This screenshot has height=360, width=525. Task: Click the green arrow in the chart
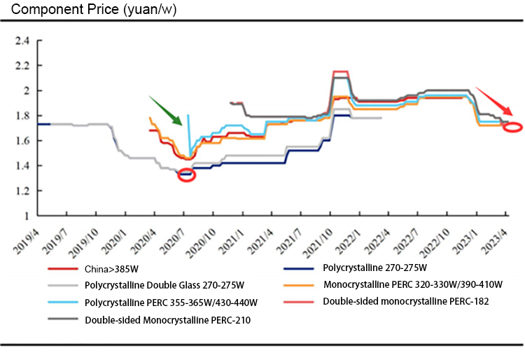coord(165,111)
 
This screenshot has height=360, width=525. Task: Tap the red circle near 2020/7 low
coord(187,175)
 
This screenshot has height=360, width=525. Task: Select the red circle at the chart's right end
coord(512,127)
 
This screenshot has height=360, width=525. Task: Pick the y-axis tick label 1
coord(26,216)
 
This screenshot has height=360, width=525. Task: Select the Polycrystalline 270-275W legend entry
coord(374,268)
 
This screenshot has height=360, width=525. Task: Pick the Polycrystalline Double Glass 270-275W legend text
coord(164,285)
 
